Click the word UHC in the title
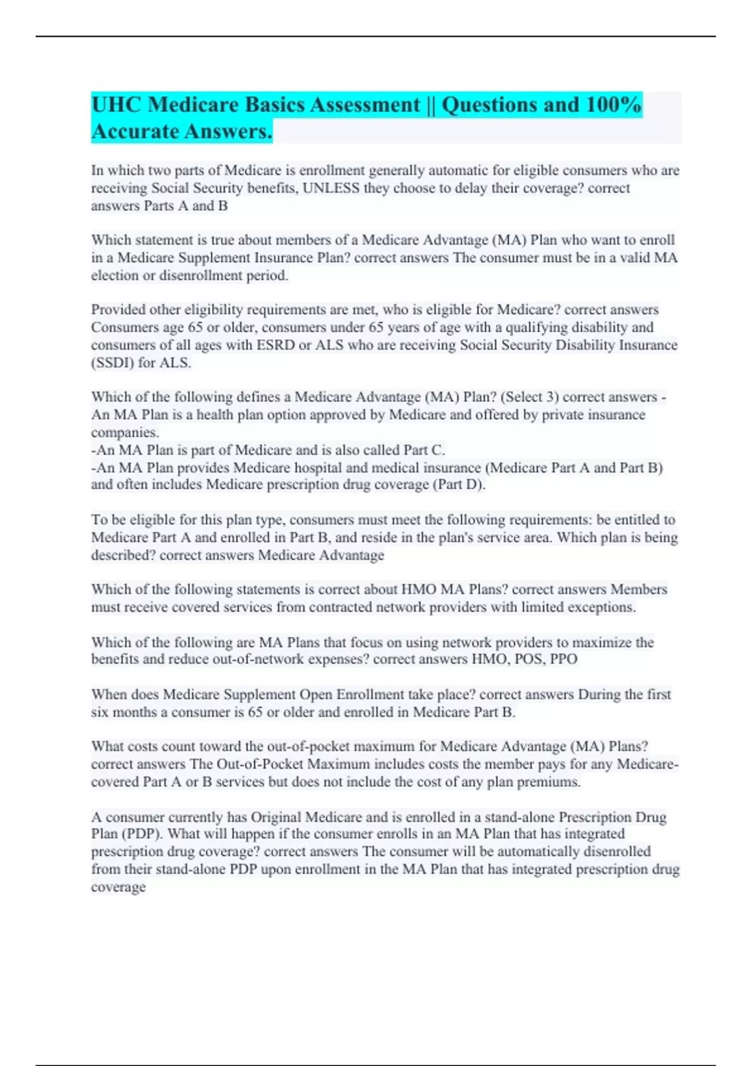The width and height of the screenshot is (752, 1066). coord(116,105)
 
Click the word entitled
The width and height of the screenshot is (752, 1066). coord(636,520)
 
